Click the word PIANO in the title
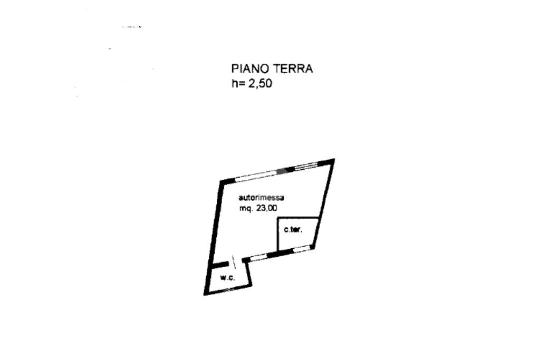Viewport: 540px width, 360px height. click(x=250, y=69)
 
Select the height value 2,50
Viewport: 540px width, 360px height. click(x=261, y=83)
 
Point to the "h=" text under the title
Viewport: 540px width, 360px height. click(x=238, y=83)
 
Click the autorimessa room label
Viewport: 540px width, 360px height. click(x=262, y=198)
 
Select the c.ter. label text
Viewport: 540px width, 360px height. click(x=293, y=230)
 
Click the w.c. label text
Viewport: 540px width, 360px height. click(x=227, y=278)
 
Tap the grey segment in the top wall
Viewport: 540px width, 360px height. click(x=286, y=170)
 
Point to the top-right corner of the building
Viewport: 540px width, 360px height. click(x=332, y=160)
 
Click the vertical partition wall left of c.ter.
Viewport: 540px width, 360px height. click(x=278, y=236)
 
